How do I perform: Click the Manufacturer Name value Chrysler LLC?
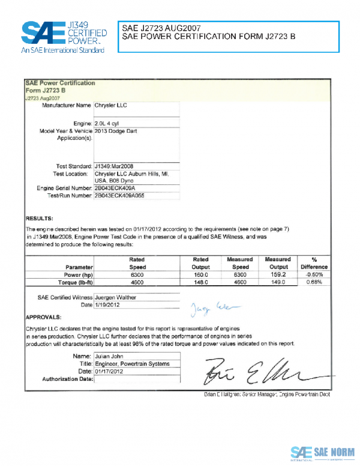click(x=111, y=105)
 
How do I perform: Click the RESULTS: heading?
click(x=40, y=218)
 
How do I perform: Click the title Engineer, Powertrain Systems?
click(x=132, y=364)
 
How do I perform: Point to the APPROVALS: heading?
click(x=44, y=316)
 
